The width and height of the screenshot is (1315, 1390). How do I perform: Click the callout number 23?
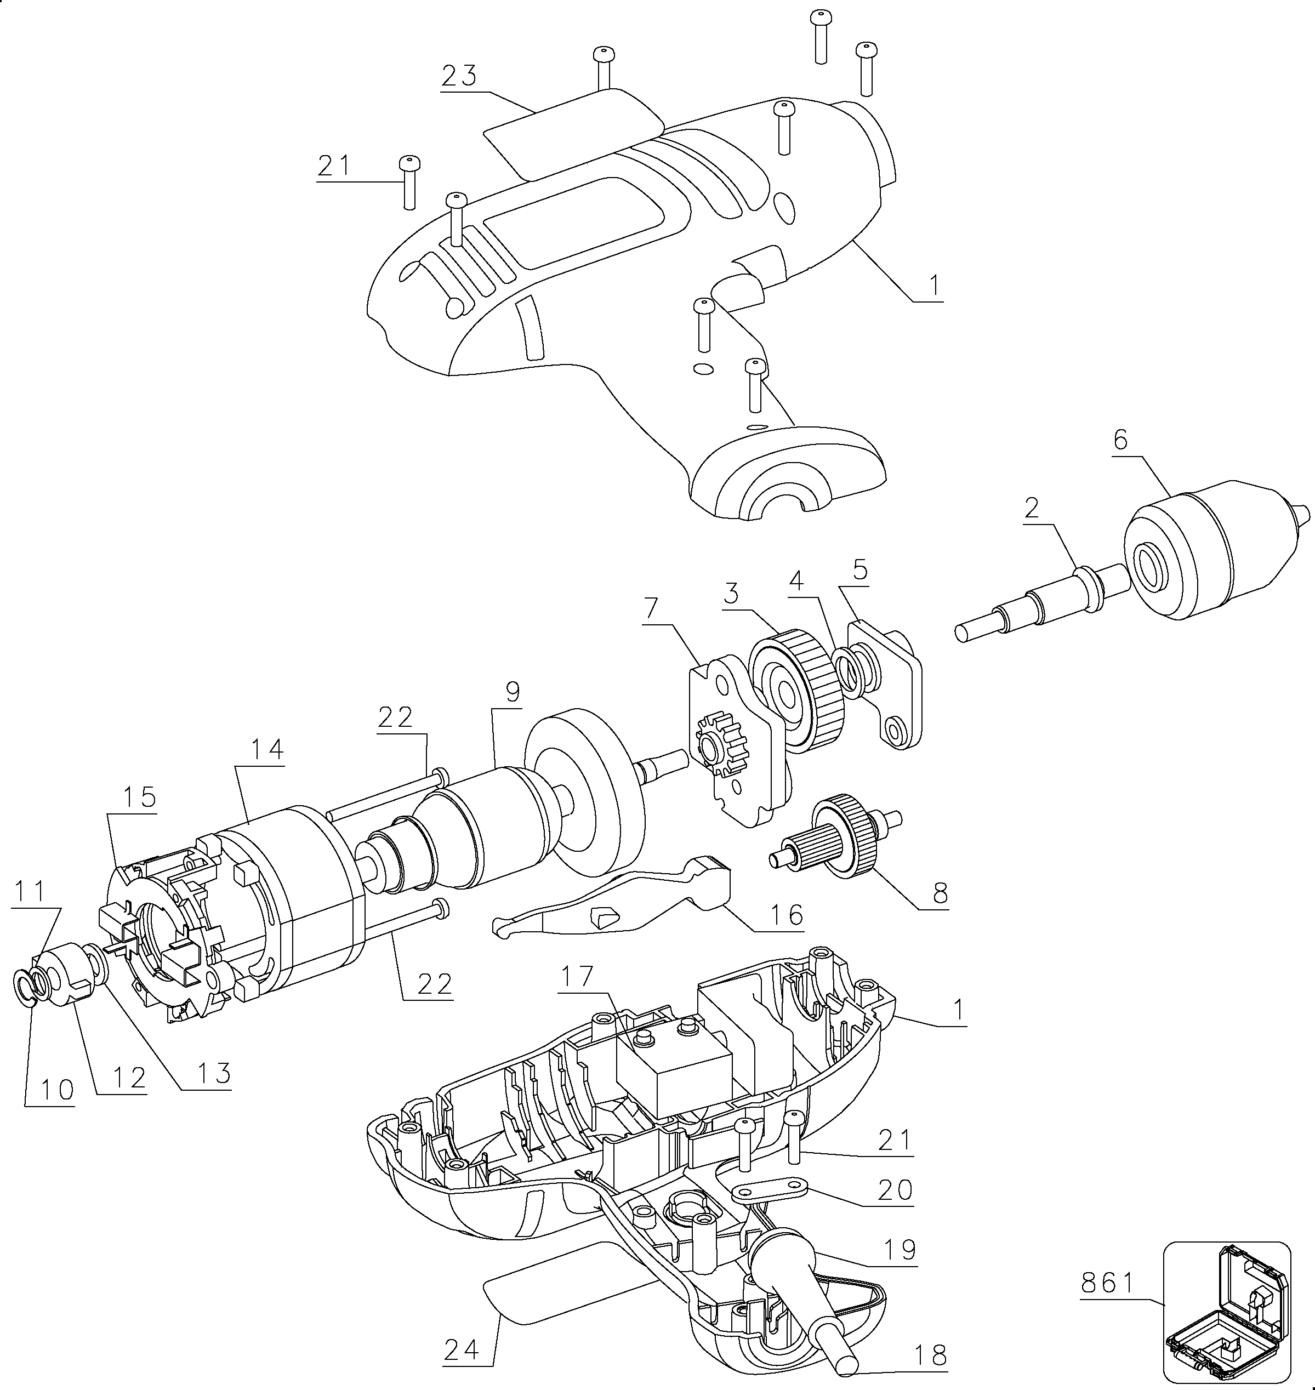pyautogui.click(x=459, y=76)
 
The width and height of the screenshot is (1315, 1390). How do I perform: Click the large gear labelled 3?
pyautogui.click(x=797, y=691)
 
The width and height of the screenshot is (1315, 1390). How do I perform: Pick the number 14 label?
pyautogui.click(x=267, y=749)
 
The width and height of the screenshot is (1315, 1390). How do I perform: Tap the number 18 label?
pyautogui.click(x=930, y=1355)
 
